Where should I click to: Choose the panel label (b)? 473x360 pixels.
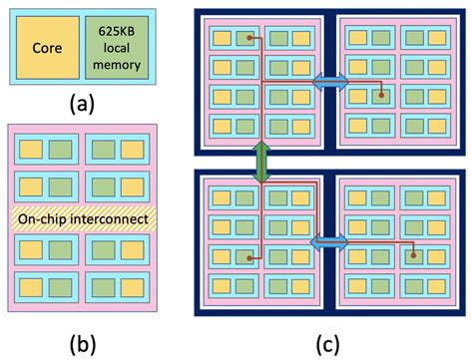click(x=82, y=342)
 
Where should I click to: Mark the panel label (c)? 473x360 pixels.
click(x=329, y=342)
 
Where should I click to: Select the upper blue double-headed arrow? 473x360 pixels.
click(x=329, y=81)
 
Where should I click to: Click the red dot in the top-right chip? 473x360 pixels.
click(x=383, y=96)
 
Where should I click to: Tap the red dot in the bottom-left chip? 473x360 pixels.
click(x=242, y=256)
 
